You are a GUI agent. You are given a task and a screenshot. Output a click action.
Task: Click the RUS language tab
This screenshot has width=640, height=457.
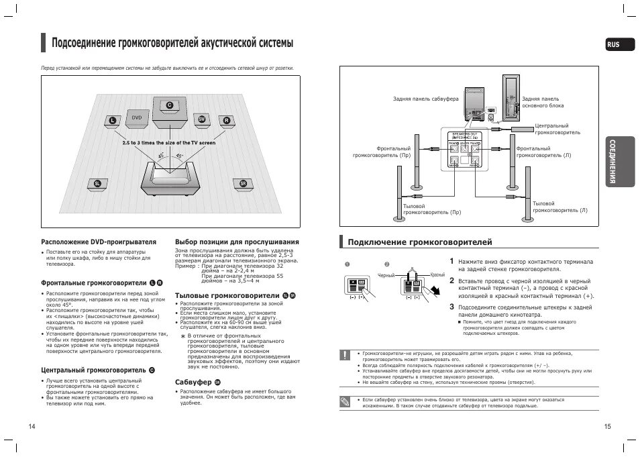tap(612, 45)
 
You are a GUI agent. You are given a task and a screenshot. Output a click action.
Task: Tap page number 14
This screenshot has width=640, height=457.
tap(32, 427)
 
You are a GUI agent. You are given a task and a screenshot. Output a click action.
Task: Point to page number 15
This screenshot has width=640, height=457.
tap(607, 427)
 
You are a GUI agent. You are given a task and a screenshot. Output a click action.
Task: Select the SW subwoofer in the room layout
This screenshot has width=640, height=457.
tap(201, 119)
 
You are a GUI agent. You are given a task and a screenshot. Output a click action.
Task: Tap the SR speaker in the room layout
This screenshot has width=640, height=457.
tap(243, 183)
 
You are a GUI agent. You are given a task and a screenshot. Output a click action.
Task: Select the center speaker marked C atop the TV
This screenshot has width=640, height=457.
tap(169, 105)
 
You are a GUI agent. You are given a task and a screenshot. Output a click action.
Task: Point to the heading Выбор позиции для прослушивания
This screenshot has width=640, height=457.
tap(237, 242)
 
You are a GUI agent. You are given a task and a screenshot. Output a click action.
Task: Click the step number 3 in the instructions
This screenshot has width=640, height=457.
tap(452, 306)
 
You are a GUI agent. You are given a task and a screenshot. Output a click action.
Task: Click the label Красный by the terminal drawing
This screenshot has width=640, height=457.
tap(437, 275)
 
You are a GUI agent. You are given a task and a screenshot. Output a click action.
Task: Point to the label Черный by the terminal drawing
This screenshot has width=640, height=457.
tap(386, 276)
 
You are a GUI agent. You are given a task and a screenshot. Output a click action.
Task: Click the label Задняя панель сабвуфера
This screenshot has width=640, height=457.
tap(426, 99)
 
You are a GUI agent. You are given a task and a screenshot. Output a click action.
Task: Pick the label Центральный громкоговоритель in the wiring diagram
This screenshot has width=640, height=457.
tap(557, 130)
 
